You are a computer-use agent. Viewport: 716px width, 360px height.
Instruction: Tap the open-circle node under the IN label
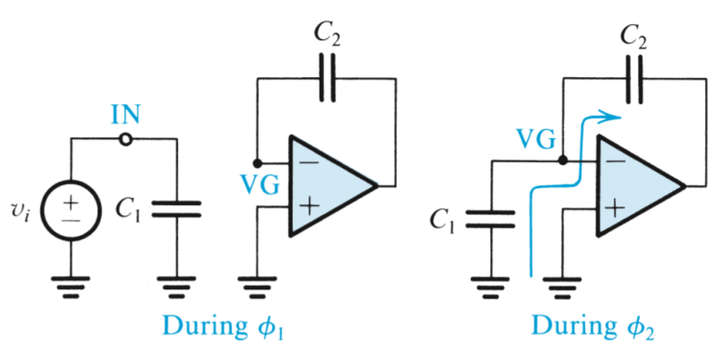[126, 140]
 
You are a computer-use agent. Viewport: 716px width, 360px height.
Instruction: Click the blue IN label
[125, 116]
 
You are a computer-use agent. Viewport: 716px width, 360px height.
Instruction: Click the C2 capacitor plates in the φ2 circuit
[636, 79]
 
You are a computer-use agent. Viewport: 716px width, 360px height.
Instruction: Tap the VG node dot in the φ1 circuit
[258, 163]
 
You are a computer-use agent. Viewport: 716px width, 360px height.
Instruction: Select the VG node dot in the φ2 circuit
[563, 162]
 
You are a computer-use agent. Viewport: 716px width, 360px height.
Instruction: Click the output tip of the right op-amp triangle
[685, 186]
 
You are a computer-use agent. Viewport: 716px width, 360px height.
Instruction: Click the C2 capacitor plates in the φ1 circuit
[328, 79]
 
